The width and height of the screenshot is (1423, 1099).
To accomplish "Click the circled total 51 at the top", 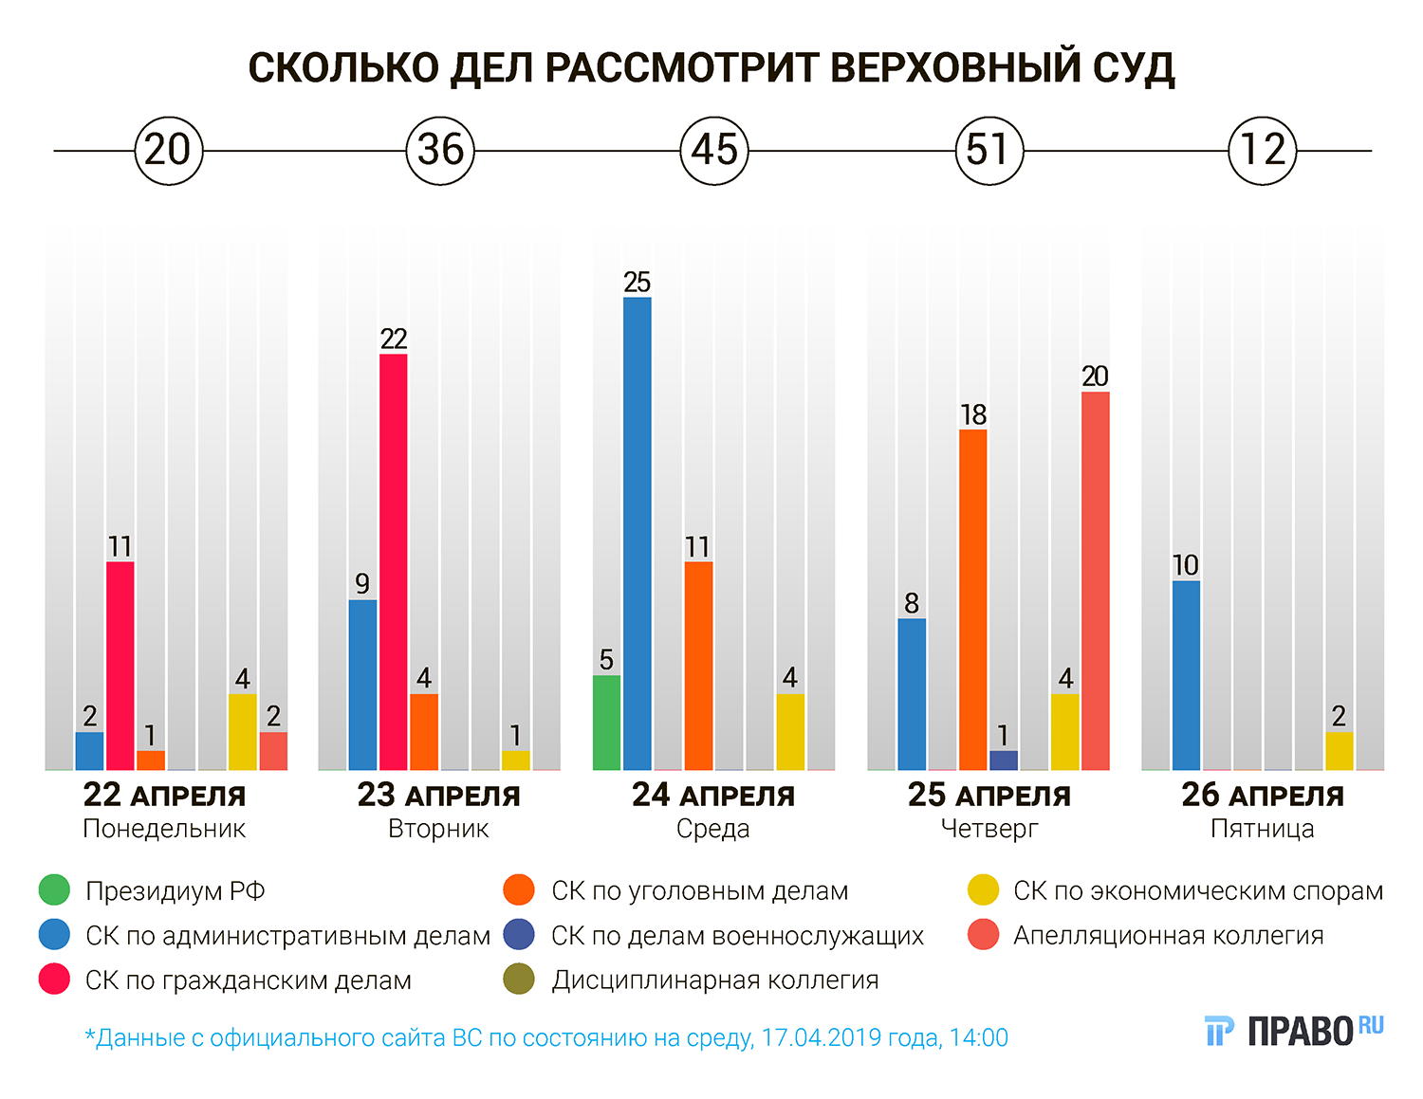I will pyautogui.click(x=989, y=150).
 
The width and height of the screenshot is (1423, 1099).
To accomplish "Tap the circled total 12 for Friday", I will pyautogui.click(x=1263, y=150).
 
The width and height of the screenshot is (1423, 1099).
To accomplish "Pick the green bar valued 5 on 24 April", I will pyautogui.click(x=607, y=723).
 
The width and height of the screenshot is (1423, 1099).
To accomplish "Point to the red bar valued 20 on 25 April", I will pyautogui.click(x=1096, y=580).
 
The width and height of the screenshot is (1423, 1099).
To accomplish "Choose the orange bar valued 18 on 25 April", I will pyautogui.click(x=973, y=599).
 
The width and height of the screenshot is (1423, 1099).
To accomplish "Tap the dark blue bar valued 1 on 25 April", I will pyautogui.click(x=1004, y=760).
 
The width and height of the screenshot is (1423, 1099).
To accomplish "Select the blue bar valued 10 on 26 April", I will pyautogui.click(x=1187, y=675).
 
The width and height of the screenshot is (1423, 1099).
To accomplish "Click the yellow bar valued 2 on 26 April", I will pyautogui.click(x=1340, y=751).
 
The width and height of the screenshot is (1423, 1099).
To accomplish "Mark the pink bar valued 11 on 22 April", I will pyautogui.click(x=120, y=666).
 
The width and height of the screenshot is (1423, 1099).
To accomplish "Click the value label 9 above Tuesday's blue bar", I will pyautogui.click(x=362, y=584).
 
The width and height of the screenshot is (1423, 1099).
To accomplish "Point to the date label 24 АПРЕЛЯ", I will pyautogui.click(x=713, y=796).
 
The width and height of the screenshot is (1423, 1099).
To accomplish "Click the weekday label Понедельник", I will pyautogui.click(x=164, y=829).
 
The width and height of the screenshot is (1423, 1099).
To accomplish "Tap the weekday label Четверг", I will pyautogui.click(x=989, y=829).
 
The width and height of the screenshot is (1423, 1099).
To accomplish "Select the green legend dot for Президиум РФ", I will pyautogui.click(x=55, y=890).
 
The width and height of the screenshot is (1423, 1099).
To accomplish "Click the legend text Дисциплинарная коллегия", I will pyautogui.click(x=715, y=980).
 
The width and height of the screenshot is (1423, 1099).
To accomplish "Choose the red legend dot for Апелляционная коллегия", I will pyautogui.click(x=984, y=935).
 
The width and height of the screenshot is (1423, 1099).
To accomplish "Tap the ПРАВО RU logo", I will pyautogui.click(x=1295, y=1031).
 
